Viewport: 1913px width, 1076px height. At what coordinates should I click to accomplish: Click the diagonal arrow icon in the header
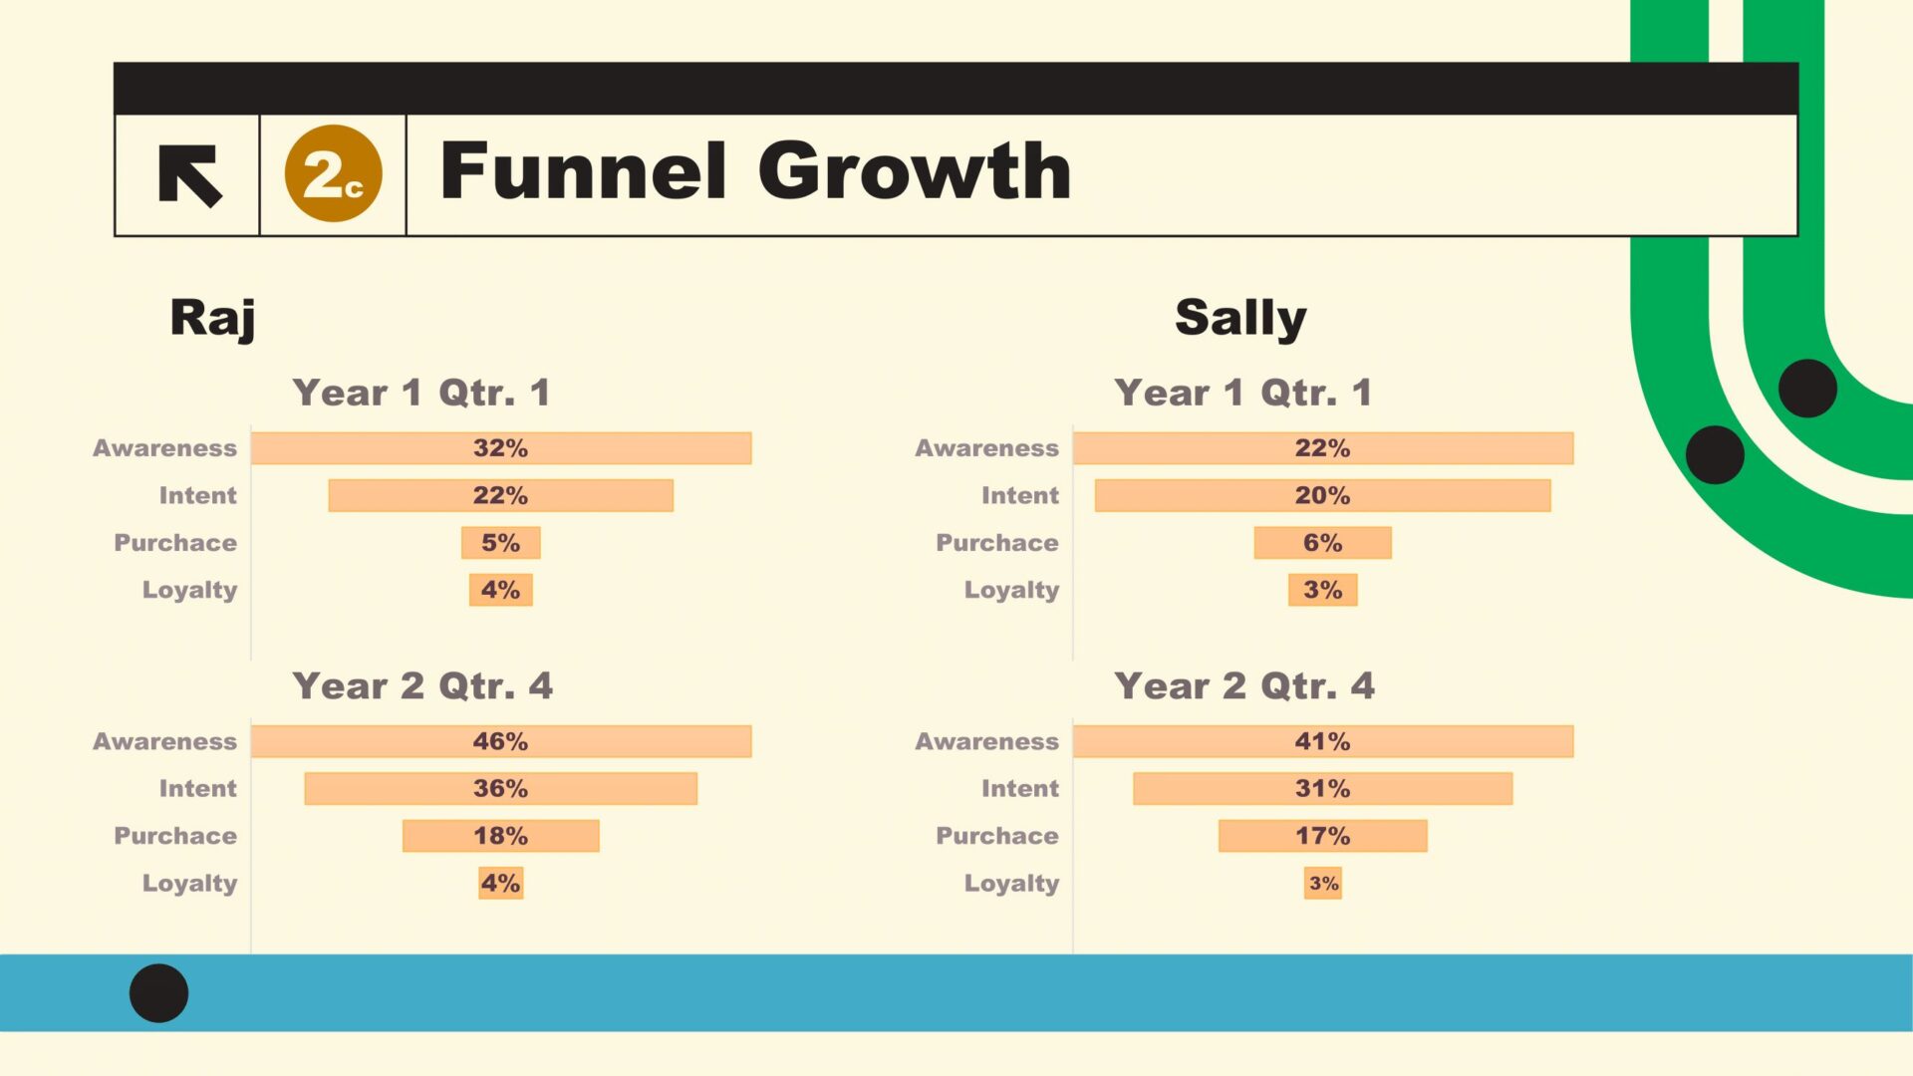click(189, 175)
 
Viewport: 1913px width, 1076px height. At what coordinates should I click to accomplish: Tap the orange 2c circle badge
click(333, 173)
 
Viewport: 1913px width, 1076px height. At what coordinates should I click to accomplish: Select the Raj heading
click(212, 319)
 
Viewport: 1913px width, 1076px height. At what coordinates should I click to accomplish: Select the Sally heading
click(1240, 319)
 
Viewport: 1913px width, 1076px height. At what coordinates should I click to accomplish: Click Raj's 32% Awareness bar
click(501, 448)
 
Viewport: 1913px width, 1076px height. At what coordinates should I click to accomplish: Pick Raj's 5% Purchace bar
click(501, 543)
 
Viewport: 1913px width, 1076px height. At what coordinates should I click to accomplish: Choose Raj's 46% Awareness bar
click(501, 741)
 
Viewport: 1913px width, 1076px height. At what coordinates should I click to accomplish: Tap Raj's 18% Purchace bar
click(501, 836)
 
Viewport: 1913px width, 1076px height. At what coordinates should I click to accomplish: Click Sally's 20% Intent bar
click(1323, 495)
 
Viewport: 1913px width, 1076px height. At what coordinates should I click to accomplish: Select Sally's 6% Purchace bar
click(1323, 543)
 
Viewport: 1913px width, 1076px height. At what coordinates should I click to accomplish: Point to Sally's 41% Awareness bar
click(1323, 741)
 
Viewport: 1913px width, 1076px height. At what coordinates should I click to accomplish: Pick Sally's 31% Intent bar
click(1323, 788)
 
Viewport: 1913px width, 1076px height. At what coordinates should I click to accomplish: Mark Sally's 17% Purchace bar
click(1323, 836)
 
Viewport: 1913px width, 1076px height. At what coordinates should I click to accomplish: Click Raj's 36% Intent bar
click(501, 788)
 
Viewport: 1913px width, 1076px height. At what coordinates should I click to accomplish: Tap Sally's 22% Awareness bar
click(1323, 448)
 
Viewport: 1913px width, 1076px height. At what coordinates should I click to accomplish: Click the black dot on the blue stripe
click(158, 993)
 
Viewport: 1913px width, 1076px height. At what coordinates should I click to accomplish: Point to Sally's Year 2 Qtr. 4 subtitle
click(1244, 686)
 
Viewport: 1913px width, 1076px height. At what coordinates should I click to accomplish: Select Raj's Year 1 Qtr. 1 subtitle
click(421, 393)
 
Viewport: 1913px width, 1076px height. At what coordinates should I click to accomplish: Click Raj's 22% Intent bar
click(501, 495)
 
